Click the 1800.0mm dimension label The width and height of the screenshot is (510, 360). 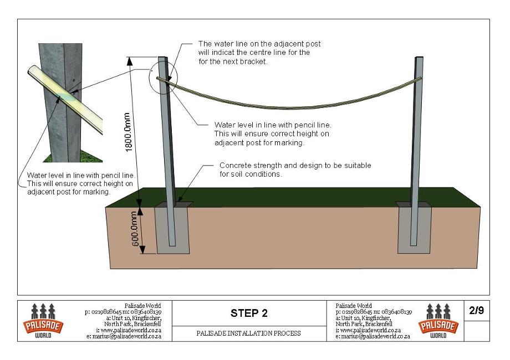pyautogui.click(x=129, y=132)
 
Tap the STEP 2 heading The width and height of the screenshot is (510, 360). pyautogui.click(x=249, y=313)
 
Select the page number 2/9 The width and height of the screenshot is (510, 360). pyautogui.click(x=477, y=311)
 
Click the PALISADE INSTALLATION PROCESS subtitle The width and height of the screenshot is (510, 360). pyautogui.click(x=249, y=333)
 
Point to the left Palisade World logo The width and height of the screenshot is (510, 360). pyautogui.click(x=43, y=321)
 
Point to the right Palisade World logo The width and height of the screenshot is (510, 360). pyautogui.click(x=438, y=321)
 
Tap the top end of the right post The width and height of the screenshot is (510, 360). pyautogui.click(x=420, y=58)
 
